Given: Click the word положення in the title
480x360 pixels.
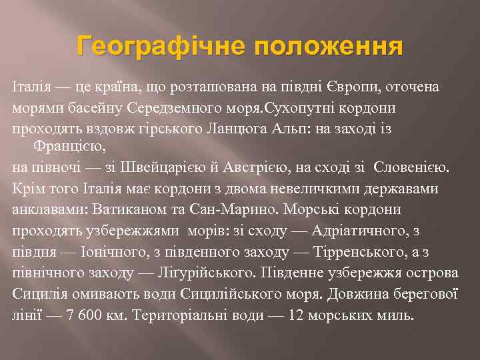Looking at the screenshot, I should pos(327,48).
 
